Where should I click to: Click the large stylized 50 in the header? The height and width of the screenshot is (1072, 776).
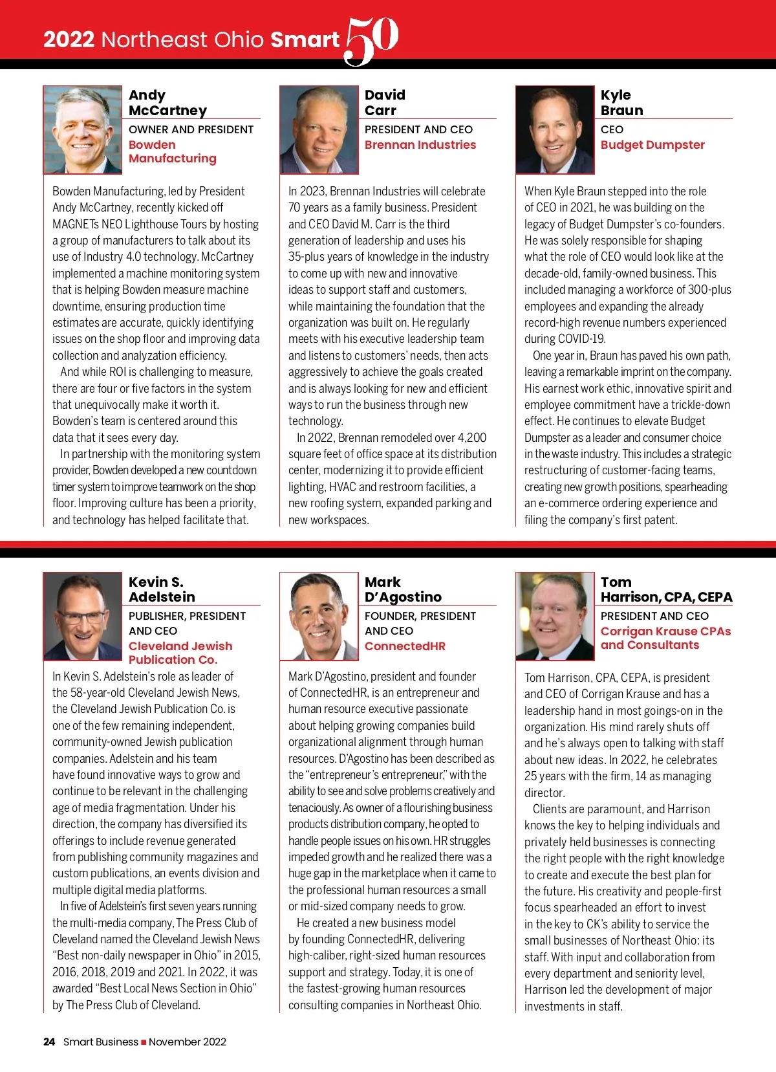pos(371,40)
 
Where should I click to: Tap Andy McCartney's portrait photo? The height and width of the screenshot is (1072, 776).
pos(83,130)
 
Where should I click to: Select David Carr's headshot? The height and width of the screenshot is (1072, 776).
pos(319,130)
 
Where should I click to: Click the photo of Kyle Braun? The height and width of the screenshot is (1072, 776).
pos(555,130)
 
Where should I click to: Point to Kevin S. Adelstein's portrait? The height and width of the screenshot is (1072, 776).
pos(83,616)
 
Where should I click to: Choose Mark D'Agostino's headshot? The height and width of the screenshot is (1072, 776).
pos(319,616)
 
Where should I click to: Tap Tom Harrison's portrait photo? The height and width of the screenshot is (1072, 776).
pos(555,616)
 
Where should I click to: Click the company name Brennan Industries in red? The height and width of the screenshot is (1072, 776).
pos(420,145)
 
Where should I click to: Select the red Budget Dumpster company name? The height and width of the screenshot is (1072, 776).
pos(652,145)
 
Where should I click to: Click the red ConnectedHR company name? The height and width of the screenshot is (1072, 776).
pos(405,646)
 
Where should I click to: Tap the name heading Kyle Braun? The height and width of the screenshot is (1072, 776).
pos(621,103)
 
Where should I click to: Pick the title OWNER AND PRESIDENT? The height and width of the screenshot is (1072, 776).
pos(191,129)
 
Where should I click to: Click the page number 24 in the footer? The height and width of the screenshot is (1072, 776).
pos(49,1042)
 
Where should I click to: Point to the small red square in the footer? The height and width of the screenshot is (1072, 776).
pos(144,1042)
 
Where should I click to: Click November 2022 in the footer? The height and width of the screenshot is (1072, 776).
pos(188,1042)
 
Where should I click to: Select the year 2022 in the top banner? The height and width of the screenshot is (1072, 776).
pos(69,40)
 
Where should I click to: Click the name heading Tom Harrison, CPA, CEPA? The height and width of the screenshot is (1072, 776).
pos(666,589)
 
